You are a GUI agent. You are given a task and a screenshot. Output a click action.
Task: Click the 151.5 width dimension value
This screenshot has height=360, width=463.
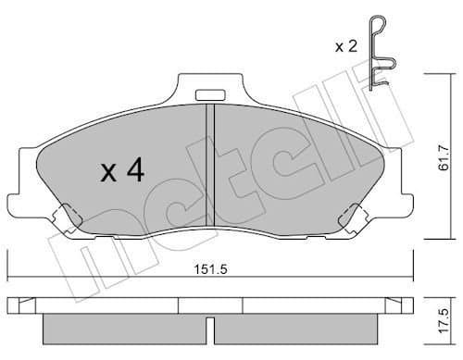tap(210, 269)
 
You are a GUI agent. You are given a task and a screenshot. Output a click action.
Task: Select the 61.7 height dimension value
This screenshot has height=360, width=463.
tap(444, 157)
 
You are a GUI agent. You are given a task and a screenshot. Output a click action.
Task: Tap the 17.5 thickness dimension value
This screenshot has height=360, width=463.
tap(444, 321)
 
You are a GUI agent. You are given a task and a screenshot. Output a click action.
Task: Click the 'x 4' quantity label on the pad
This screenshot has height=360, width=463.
tap(122, 169)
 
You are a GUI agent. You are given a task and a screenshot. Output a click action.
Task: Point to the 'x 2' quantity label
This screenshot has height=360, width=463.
tap(346, 46)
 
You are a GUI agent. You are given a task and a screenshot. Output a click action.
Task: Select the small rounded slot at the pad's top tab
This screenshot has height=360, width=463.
tap(210, 95)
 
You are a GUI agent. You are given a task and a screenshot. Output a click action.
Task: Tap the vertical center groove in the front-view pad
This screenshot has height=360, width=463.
tap(210, 165)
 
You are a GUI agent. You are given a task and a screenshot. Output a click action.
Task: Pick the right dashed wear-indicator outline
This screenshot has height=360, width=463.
tap(354, 219)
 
